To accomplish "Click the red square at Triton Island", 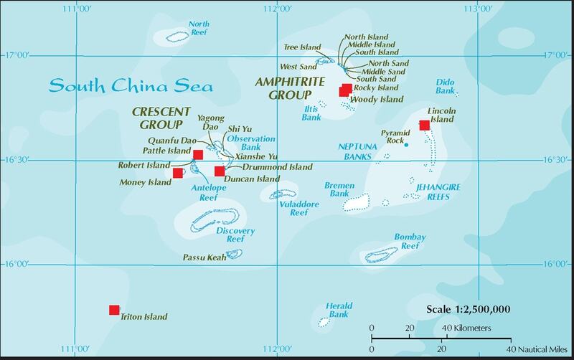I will tap(113, 310).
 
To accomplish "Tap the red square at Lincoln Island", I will tap(424, 125).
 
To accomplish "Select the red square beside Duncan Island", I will tap(219, 171).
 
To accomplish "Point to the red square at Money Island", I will tap(177, 173).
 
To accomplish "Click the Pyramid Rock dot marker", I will tap(406, 145).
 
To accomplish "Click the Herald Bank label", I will tap(338, 310).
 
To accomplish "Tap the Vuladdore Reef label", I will tap(293, 208).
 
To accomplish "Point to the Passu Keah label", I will tap(204, 257).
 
